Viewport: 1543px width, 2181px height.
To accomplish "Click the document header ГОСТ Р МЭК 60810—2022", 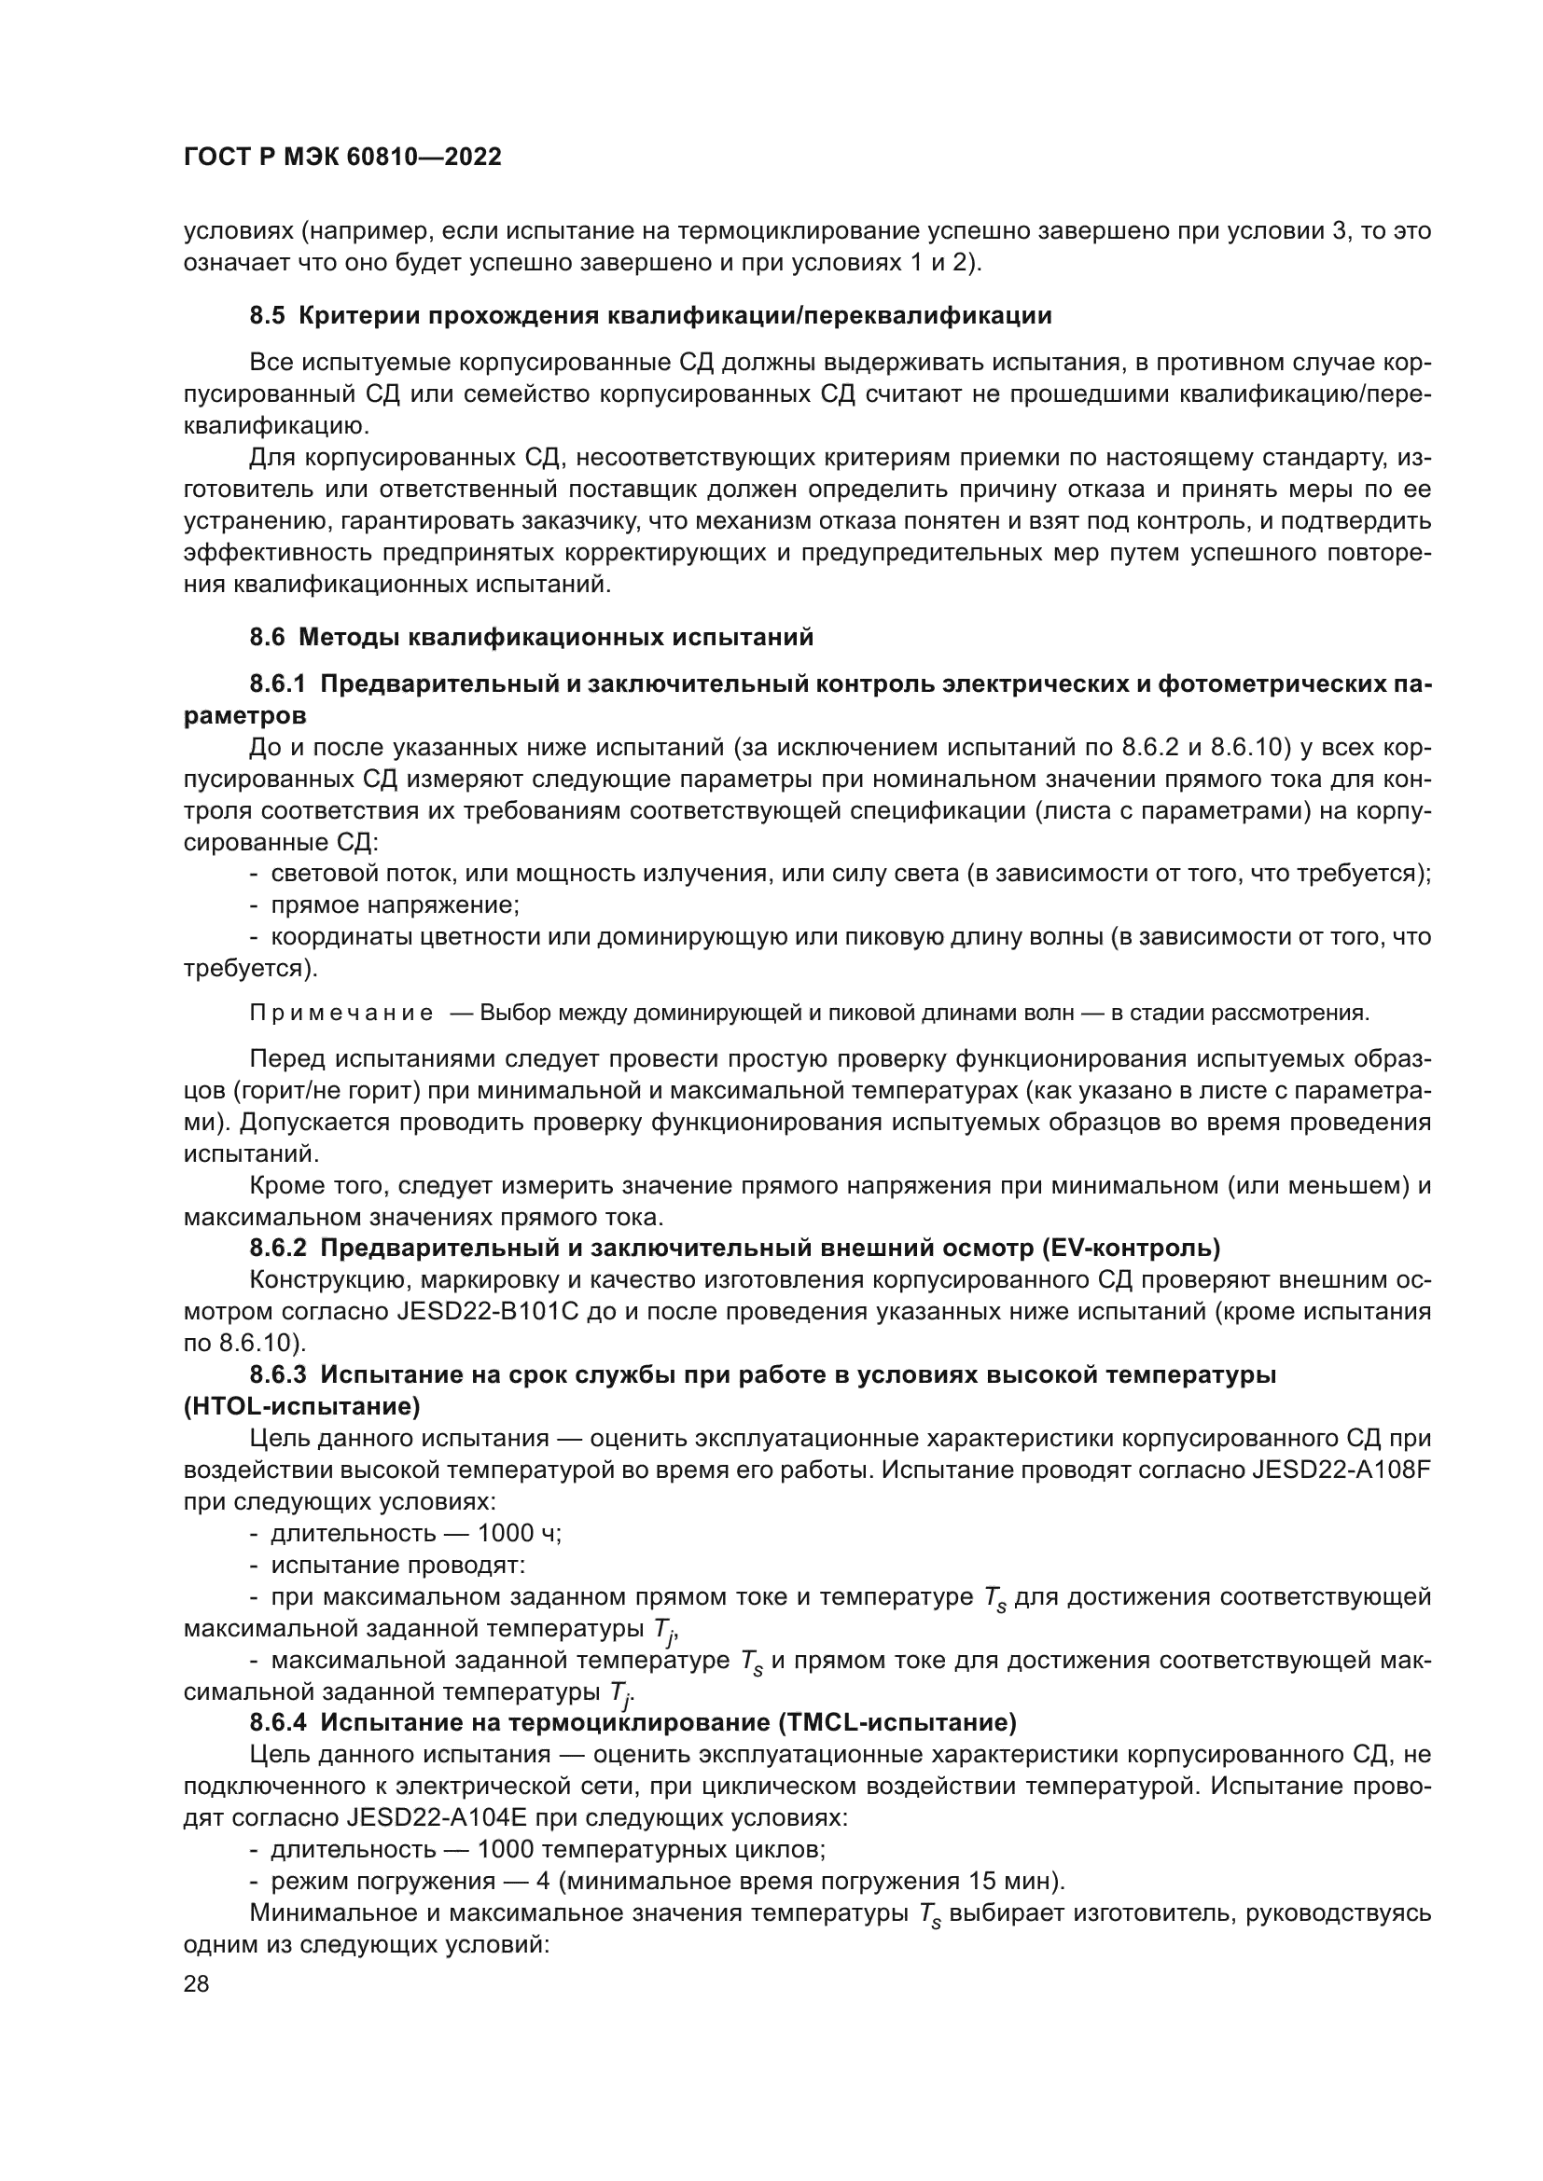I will [342, 158].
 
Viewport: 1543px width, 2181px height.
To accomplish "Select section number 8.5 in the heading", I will [267, 315].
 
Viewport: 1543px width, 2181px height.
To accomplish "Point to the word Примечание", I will [341, 1013].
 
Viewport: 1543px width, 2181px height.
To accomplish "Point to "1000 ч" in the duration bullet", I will [519, 1533].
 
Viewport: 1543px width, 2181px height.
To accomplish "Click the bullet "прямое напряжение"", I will [395, 904].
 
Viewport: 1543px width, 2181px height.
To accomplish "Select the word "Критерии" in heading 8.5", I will [357, 315].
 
